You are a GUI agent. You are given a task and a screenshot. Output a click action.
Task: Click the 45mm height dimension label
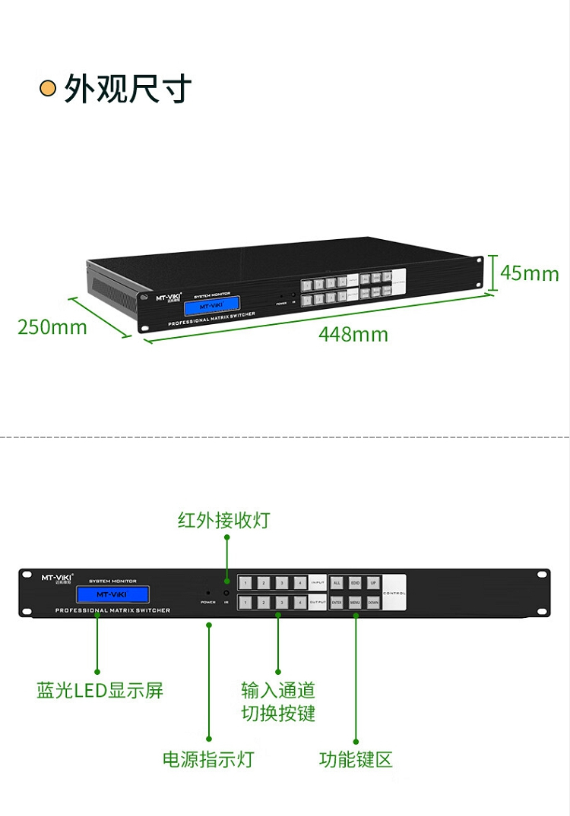coord(529,273)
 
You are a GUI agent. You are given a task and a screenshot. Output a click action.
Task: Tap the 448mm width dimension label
coord(353,334)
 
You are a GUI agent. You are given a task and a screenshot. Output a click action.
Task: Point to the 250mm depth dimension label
coord(52,327)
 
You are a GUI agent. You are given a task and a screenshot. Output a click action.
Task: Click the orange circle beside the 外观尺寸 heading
coord(48,89)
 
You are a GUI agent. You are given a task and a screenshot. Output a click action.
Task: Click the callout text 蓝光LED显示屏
coord(100,691)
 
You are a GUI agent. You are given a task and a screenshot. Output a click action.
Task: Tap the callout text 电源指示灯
coord(208,759)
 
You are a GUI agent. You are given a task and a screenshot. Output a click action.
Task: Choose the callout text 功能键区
coord(356,759)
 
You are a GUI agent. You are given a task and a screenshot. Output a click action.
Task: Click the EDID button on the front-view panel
coord(355,583)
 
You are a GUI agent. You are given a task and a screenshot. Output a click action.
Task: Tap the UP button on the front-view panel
coord(373,583)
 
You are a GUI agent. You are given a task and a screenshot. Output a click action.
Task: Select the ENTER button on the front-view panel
coord(337,603)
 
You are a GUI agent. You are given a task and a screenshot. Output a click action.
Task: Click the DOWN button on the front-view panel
coord(373,603)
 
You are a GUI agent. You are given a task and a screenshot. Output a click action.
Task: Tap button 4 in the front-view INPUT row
coord(300,583)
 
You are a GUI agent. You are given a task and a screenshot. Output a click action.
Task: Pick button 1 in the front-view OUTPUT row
coord(245,603)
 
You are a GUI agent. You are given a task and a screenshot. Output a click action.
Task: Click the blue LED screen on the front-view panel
coord(112,594)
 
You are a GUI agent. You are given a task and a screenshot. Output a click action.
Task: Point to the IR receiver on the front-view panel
coord(226,593)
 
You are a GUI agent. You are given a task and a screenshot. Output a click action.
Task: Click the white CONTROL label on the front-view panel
coord(394,593)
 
